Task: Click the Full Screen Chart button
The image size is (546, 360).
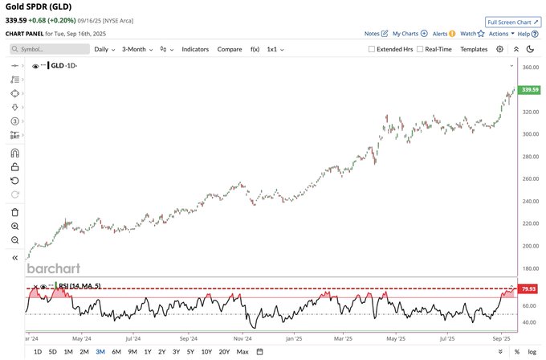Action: [513, 22]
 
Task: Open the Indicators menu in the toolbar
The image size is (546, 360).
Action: [195, 49]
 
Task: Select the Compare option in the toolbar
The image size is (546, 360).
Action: [229, 49]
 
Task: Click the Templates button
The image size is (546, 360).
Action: [474, 49]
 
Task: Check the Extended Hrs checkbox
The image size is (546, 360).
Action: [371, 49]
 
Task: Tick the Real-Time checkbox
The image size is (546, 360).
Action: [419, 49]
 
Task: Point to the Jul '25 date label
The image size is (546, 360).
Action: [448, 339]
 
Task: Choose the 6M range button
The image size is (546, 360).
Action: [116, 351]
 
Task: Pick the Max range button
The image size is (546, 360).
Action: [242, 351]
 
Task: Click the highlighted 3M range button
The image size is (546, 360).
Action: [100, 351]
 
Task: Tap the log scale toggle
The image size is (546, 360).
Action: [532, 351]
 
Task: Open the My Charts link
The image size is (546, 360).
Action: [409, 34]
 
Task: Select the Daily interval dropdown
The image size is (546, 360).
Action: [104, 49]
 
